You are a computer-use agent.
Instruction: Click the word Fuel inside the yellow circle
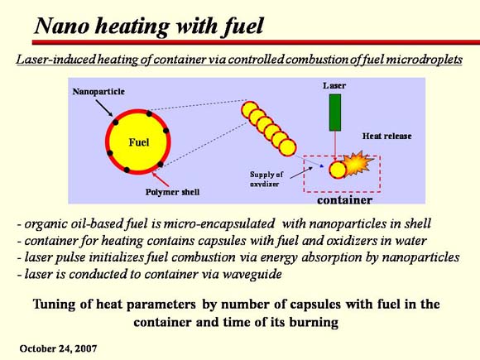(x=139, y=142)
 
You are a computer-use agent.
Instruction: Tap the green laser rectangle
(x=335, y=113)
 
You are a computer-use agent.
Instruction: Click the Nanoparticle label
(x=98, y=91)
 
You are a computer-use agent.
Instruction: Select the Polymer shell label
(x=172, y=192)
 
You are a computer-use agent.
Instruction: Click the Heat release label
(x=387, y=136)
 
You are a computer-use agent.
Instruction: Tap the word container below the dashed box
(x=345, y=200)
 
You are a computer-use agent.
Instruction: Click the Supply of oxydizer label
(x=266, y=179)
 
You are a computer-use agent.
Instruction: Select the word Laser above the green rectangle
(x=334, y=85)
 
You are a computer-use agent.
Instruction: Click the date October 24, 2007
(x=58, y=348)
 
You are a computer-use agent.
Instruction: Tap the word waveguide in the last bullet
(x=252, y=274)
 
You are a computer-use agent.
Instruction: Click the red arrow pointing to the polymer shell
(x=161, y=180)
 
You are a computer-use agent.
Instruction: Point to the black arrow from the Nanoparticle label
(x=104, y=108)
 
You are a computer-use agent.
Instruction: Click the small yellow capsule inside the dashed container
(x=338, y=170)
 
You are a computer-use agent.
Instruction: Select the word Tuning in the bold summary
(x=54, y=305)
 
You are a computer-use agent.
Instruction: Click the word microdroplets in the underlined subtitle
(x=424, y=59)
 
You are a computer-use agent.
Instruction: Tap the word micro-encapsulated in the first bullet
(x=219, y=223)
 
